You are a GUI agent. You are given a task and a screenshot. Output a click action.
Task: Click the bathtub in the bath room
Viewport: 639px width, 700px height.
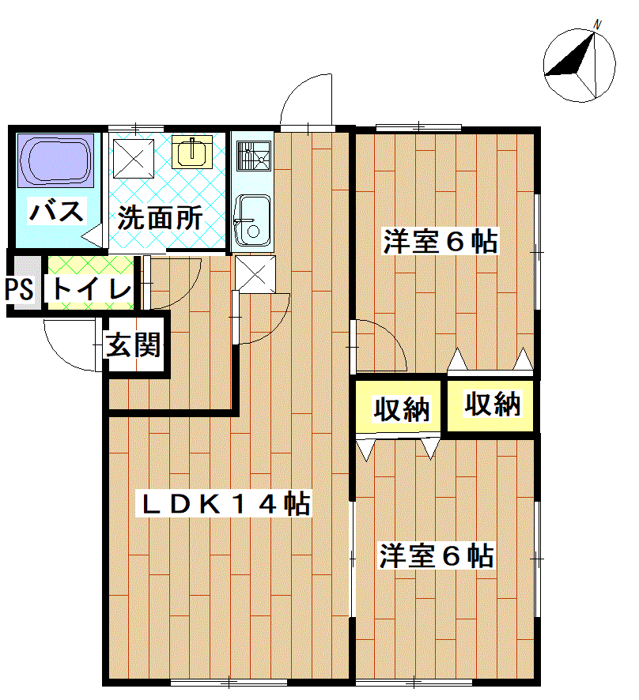pyautogui.click(x=55, y=160)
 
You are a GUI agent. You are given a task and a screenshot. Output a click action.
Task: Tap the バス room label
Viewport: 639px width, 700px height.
pyautogui.click(x=56, y=211)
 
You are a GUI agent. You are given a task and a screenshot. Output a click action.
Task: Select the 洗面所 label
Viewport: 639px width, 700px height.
pyautogui.click(x=160, y=218)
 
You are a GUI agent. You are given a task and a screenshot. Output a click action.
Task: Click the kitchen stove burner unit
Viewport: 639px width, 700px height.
pyautogui.click(x=254, y=156)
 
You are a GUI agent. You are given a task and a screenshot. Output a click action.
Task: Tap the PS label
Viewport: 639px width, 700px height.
pyautogui.click(x=19, y=288)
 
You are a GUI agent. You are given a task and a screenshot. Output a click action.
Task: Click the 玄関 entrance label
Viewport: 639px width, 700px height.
pyautogui.click(x=133, y=344)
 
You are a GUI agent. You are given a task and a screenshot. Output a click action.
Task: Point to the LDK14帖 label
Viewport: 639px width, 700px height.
pyautogui.click(x=225, y=505)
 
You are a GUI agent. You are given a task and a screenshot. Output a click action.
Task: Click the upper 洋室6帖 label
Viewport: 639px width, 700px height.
pyautogui.click(x=440, y=242)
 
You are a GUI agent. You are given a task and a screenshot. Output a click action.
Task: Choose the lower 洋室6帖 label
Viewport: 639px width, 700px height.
pyautogui.click(x=437, y=555)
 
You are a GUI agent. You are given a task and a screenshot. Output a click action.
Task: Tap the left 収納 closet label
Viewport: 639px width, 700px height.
pyautogui.click(x=401, y=409)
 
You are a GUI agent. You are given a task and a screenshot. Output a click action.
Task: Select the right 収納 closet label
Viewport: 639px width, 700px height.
pyautogui.click(x=493, y=404)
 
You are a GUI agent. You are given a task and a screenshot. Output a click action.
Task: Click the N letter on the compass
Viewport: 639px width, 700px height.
pyautogui.click(x=597, y=24)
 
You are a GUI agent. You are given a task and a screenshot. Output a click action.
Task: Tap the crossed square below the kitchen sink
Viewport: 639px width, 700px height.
pyautogui.click(x=255, y=274)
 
